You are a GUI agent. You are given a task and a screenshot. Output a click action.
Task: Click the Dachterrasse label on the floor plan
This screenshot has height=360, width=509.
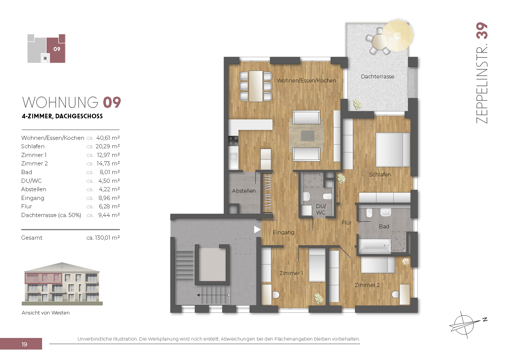tap(378, 77)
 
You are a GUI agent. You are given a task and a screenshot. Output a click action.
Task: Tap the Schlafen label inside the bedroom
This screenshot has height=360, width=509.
tap(380, 174)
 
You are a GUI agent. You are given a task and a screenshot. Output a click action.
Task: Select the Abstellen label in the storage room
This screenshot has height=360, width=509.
tap(244, 191)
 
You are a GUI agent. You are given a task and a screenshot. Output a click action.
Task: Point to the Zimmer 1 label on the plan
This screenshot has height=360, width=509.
tap(291, 273)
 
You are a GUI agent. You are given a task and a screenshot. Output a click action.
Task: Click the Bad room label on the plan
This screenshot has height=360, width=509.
tap(384, 226)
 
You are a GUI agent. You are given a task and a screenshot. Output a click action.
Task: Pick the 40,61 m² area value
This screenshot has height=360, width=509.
tap(108, 138)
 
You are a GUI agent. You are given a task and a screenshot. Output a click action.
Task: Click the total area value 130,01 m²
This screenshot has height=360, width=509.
tap(107, 238)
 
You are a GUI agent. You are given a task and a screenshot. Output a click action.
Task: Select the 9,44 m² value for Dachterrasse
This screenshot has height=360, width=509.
tap(109, 215)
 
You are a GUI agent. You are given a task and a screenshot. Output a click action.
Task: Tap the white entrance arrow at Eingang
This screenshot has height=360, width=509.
tap(257, 229)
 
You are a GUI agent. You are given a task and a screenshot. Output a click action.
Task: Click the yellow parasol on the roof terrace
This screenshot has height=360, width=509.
tap(398, 35)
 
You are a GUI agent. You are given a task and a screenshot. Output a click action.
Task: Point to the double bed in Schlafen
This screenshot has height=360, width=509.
tap(393, 150)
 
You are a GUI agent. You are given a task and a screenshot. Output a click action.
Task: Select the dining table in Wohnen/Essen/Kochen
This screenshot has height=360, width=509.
tap(256, 86)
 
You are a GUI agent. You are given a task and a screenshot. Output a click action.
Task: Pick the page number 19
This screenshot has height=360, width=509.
tap(24, 344)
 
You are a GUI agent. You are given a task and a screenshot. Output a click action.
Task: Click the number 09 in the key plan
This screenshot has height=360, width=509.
tap(57, 49)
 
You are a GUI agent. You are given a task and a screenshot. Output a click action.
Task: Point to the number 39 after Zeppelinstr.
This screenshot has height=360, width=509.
tap(482, 31)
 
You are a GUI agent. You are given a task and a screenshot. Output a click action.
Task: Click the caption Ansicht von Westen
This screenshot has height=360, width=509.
tap(46, 313)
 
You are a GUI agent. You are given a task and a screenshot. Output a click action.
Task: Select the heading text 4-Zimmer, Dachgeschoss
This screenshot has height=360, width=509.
tap(62, 116)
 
